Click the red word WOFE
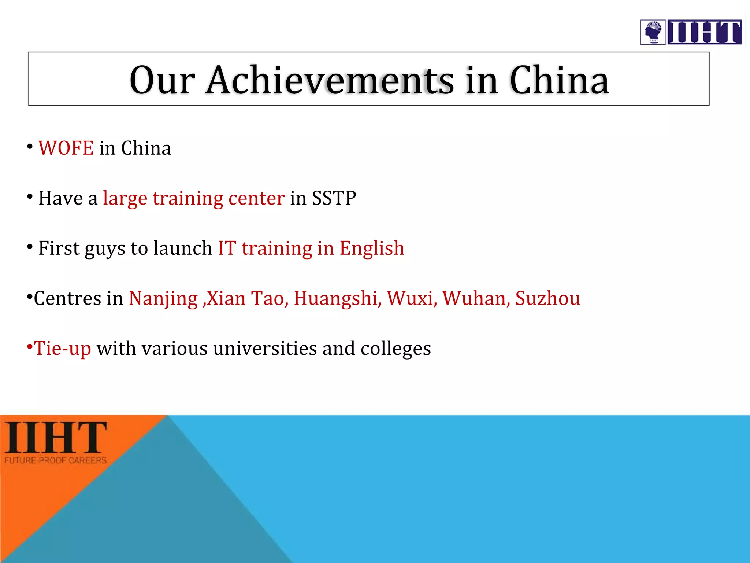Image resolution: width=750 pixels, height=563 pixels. (66, 148)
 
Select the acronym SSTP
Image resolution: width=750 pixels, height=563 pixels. (334, 198)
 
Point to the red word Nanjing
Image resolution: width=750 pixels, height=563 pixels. (163, 298)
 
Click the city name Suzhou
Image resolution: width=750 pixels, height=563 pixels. (547, 298)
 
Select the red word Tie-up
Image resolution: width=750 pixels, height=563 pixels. (62, 348)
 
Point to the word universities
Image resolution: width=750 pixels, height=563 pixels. (265, 348)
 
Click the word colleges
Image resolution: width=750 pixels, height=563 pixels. (396, 349)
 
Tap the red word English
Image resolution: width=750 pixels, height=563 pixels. (372, 249)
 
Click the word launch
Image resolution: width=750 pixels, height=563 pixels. (183, 249)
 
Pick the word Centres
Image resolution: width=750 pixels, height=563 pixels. (67, 298)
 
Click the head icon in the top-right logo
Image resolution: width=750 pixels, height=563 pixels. (653, 32)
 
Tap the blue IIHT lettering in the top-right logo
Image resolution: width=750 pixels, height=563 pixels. (705, 32)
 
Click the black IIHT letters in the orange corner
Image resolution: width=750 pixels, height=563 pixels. (56, 437)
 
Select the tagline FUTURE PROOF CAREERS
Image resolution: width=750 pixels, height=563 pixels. (56, 460)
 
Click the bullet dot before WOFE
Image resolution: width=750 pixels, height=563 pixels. (30, 147)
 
